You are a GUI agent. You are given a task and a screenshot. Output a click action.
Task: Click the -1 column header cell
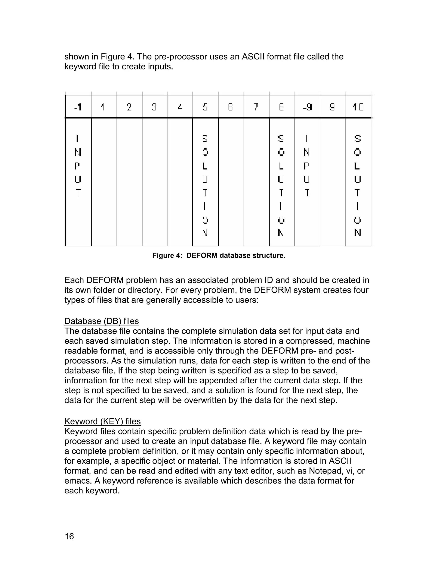[x=78, y=107]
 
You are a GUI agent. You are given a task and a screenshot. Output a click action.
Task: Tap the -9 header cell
[x=307, y=107]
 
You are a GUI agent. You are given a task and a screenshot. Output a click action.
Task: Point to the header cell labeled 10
[x=358, y=107]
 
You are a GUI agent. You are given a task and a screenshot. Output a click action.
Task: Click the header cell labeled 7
[x=256, y=107]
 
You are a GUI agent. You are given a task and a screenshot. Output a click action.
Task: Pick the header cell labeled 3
[x=154, y=107]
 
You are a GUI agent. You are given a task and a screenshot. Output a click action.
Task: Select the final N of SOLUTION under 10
[x=358, y=233]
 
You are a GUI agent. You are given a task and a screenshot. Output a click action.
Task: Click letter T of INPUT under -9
[x=307, y=193]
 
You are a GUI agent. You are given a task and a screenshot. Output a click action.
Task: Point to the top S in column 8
[x=281, y=139]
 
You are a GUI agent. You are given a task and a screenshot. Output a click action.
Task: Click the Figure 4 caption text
[x=219, y=255]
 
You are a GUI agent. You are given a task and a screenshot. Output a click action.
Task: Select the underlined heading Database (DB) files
[x=101, y=321]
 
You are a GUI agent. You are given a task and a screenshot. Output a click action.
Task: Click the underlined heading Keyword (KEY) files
[x=102, y=421]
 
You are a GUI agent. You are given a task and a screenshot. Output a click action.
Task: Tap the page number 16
[x=69, y=536]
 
